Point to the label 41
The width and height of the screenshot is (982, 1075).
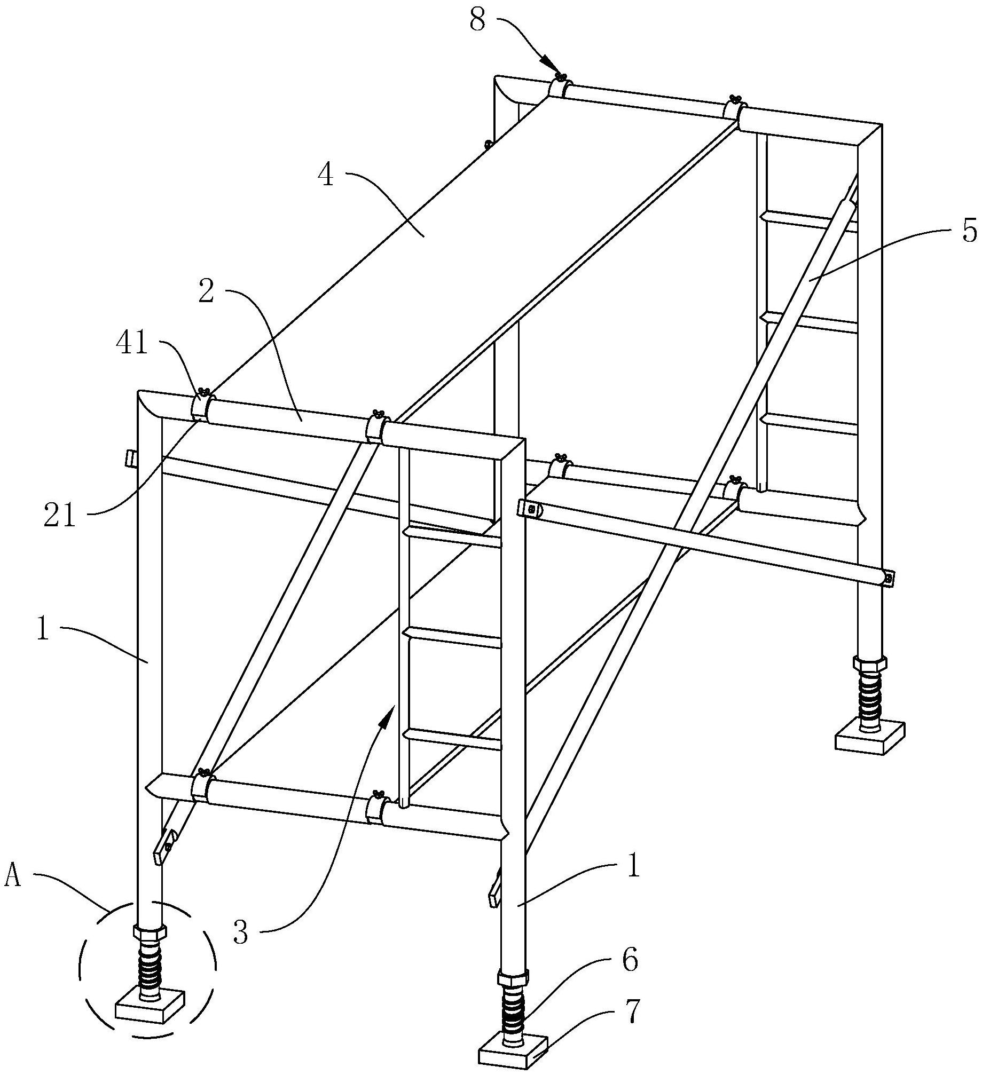click(x=132, y=344)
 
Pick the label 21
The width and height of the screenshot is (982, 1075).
click(x=59, y=517)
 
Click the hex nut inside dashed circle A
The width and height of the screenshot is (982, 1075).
click(x=150, y=933)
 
